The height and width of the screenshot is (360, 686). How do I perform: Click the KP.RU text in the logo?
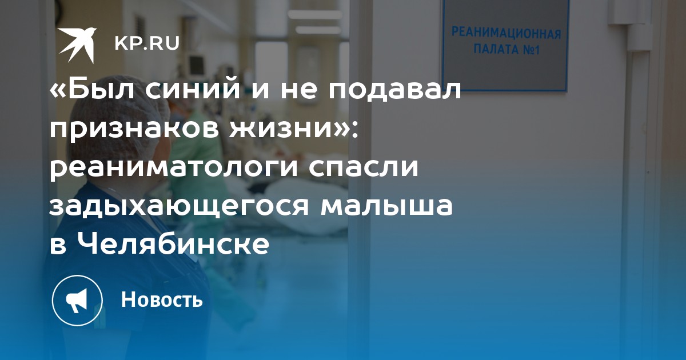(x=147, y=43)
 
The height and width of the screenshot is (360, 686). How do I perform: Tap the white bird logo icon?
(x=78, y=45)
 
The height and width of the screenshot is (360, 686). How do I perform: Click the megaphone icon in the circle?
(x=77, y=301)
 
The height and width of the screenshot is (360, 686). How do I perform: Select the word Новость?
(x=162, y=299)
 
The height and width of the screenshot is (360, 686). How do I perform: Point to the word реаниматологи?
(x=173, y=168)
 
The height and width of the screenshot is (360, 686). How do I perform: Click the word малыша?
(x=386, y=205)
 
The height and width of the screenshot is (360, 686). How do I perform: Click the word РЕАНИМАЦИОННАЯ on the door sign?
(x=506, y=33)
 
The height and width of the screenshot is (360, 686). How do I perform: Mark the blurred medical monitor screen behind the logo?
(x=196, y=65)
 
